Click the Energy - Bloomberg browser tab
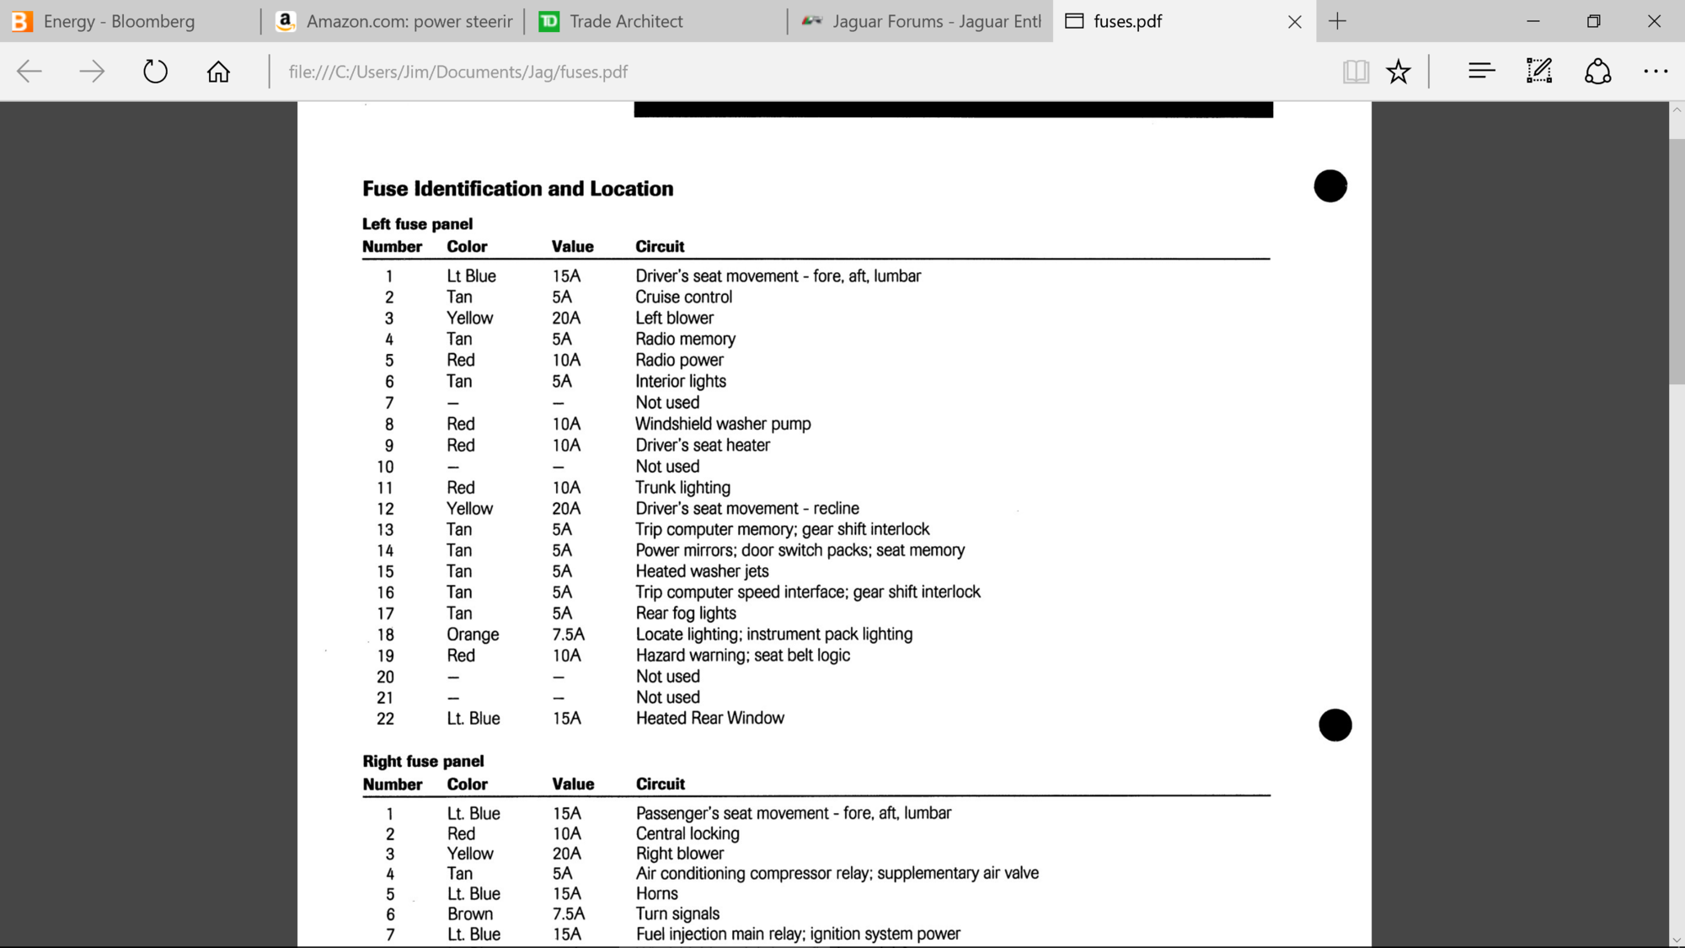click(x=118, y=21)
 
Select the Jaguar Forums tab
click(x=935, y=21)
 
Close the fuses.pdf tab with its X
click(x=1295, y=22)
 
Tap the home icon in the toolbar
click(x=218, y=72)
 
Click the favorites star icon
click(x=1399, y=72)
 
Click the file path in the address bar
click(x=457, y=72)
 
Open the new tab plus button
click(x=1337, y=21)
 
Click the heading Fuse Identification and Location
click(x=517, y=189)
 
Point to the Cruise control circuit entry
click(x=683, y=297)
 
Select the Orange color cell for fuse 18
click(x=473, y=635)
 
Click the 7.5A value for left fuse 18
click(x=568, y=635)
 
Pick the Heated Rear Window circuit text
click(x=709, y=718)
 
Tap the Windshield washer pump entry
click(x=723, y=424)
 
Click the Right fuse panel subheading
click(x=423, y=761)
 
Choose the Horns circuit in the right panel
click(x=656, y=893)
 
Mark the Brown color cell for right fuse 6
click(x=470, y=913)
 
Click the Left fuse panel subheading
click(x=417, y=223)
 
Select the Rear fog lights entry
click(x=685, y=613)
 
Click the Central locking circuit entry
click(x=687, y=833)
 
